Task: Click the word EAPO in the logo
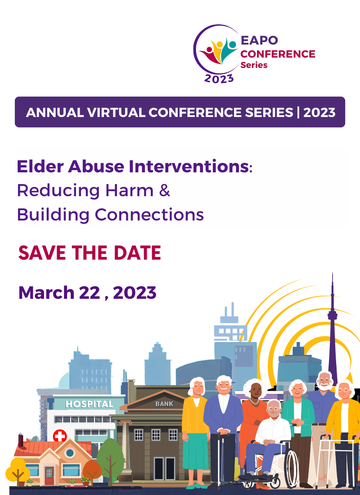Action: pyautogui.click(x=259, y=40)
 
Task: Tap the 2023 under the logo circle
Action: pyautogui.click(x=219, y=78)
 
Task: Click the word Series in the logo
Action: pyautogui.click(x=254, y=65)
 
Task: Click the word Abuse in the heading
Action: pyautogui.click(x=96, y=166)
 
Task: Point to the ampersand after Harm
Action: pyautogui.click(x=165, y=190)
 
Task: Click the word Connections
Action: pyautogui.click(x=149, y=215)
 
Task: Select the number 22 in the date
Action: pyautogui.click(x=90, y=292)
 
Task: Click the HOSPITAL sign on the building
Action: pyautogui.click(x=90, y=404)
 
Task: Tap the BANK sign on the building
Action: pyautogui.click(x=164, y=404)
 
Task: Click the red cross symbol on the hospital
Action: pyautogui.click(x=60, y=436)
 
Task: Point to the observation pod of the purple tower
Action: pyautogui.click(x=332, y=315)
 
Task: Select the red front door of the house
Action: pyautogui.click(x=49, y=476)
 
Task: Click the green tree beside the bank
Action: pyautogui.click(x=110, y=454)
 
